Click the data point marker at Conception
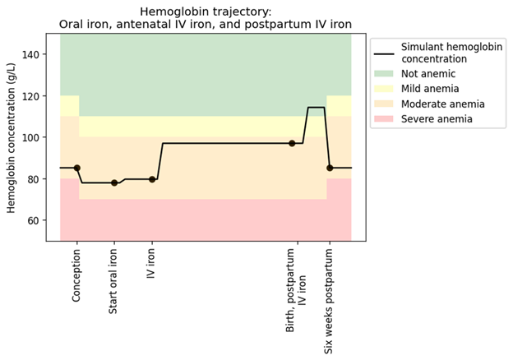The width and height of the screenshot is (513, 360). click(x=77, y=168)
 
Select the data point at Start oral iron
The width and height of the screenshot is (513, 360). click(x=114, y=182)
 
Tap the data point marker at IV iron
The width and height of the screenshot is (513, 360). click(x=152, y=179)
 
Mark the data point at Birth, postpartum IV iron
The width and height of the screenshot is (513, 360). click(x=292, y=143)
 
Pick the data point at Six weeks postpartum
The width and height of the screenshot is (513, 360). click(x=330, y=168)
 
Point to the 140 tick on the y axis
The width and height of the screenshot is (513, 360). click(x=30, y=54)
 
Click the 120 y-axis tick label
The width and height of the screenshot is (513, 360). click(x=30, y=96)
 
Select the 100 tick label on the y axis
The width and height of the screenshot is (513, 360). click(x=30, y=137)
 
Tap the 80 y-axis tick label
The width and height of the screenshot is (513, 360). click(x=34, y=179)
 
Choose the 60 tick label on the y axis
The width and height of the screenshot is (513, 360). click(x=34, y=221)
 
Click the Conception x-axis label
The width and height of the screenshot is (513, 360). click(x=76, y=275)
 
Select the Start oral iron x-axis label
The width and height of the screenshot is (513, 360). click(x=113, y=281)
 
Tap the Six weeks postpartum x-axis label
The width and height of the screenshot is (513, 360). click(x=329, y=301)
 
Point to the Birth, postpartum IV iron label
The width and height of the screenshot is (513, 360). click(x=296, y=290)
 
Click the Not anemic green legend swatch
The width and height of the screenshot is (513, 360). click(x=384, y=74)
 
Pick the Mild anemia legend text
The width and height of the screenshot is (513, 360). click(x=430, y=89)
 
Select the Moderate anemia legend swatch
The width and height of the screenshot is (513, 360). click(x=384, y=104)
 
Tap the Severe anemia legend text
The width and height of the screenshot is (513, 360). click(x=437, y=118)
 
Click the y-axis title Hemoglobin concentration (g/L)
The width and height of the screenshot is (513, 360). click(x=12, y=137)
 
